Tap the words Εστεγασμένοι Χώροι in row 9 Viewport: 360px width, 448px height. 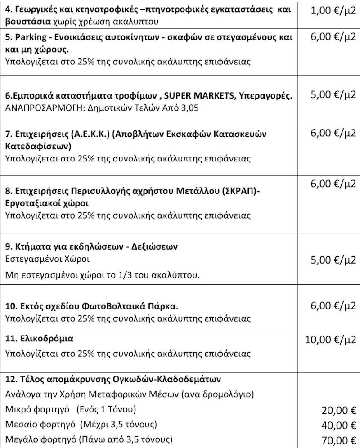pos(47,260)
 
